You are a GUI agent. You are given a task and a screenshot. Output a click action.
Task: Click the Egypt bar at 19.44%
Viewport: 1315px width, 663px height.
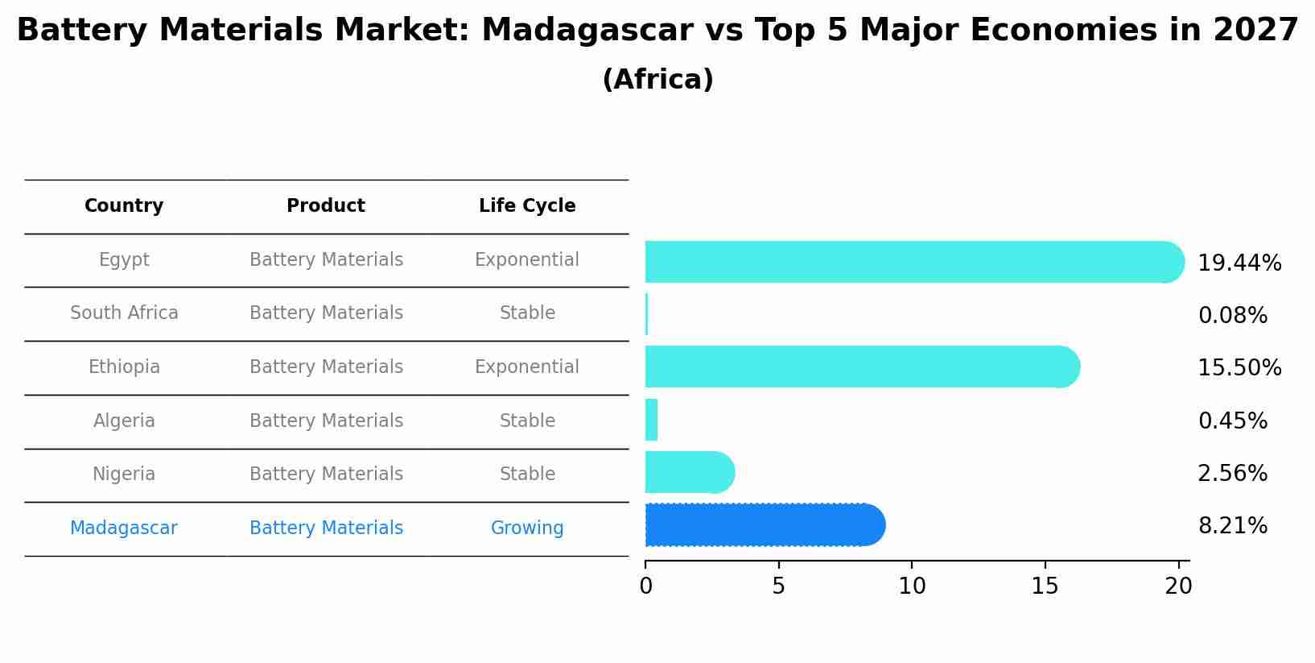[x=913, y=262]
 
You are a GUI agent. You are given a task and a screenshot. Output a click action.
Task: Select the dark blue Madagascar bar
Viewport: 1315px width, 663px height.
[x=765, y=525]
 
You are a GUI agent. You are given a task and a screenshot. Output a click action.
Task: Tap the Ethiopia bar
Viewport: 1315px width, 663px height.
[x=861, y=367]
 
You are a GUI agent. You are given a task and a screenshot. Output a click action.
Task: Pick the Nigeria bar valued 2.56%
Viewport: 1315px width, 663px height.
[x=689, y=473]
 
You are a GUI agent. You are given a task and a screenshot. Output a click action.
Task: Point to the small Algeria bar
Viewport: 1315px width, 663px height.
[x=651, y=420]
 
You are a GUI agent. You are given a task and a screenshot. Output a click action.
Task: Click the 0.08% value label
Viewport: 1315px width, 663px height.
[x=1232, y=316]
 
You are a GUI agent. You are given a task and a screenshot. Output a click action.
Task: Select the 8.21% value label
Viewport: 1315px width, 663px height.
[x=1232, y=526]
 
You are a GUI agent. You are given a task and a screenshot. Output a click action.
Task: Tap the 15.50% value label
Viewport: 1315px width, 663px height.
[x=1239, y=368]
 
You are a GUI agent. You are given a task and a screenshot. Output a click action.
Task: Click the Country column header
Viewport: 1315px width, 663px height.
[x=124, y=206]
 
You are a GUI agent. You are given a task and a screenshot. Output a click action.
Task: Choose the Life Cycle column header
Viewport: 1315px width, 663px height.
[x=527, y=206]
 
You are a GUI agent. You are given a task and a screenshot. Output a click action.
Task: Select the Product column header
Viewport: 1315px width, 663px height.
[x=326, y=206]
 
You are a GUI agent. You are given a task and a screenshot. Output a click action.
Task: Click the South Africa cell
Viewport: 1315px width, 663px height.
[x=124, y=313]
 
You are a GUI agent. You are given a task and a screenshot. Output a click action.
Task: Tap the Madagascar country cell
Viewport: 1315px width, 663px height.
[x=124, y=528]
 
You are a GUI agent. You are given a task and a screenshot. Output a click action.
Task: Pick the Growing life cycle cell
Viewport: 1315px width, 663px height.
[x=527, y=528]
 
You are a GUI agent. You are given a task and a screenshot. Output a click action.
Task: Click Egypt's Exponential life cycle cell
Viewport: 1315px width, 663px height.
[x=527, y=260]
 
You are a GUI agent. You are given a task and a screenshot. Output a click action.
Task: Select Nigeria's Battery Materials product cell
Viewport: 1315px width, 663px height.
[x=326, y=474]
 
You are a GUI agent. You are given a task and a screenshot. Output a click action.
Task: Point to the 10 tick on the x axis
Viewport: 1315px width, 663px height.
[x=912, y=586]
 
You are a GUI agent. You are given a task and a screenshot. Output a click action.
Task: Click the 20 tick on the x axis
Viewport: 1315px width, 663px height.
[x=1178, y=586]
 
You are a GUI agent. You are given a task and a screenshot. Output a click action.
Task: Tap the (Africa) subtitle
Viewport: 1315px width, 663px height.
[x=657, y=80]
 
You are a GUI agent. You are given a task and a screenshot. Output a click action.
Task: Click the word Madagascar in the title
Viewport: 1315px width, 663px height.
[x=587, y=31]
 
